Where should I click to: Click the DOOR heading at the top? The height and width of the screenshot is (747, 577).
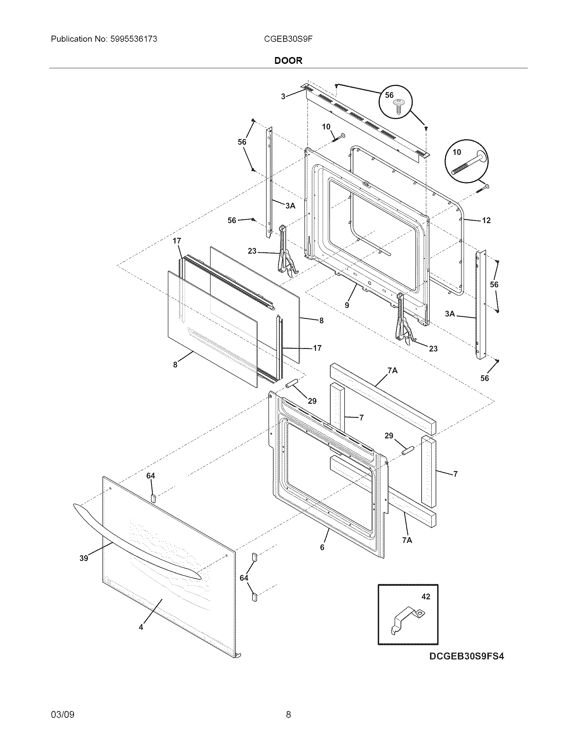pos(288,60)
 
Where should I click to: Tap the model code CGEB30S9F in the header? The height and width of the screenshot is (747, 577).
pos(288,39)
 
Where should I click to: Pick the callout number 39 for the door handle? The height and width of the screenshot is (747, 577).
pos(84,558)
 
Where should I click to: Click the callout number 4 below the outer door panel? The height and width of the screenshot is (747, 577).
pos(141,627)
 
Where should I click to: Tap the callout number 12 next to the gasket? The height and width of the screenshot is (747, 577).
pos(486,220)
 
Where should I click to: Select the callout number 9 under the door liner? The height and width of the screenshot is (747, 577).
pos(347,305)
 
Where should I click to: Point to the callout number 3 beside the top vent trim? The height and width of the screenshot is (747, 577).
pos(283,96)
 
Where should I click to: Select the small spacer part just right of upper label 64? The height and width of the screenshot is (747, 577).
pos(153,498)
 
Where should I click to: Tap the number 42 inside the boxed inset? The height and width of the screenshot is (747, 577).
pos(426,596)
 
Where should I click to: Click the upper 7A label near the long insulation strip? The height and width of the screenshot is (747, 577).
pos(392,370)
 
